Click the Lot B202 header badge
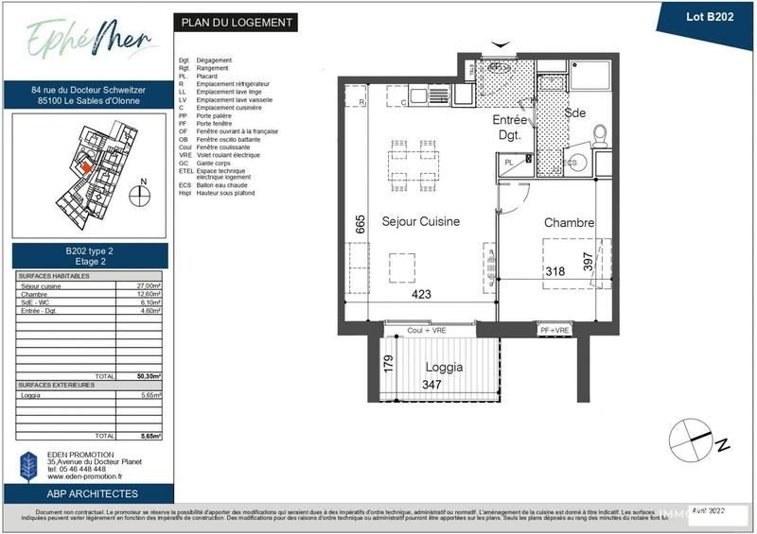[x=706, y=15]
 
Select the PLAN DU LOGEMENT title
[x=235, y=23]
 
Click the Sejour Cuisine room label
[x=420, y=221]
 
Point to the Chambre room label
[x=569, y=223]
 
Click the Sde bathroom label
[x=574, y=112]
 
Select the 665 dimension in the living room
[x=360, y=223]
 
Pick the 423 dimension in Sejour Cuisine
[x=421, y=294]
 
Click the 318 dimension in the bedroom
[x=555, y=271]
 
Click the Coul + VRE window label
[x=427, y=330]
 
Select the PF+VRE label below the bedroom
[x=555, y=331]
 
